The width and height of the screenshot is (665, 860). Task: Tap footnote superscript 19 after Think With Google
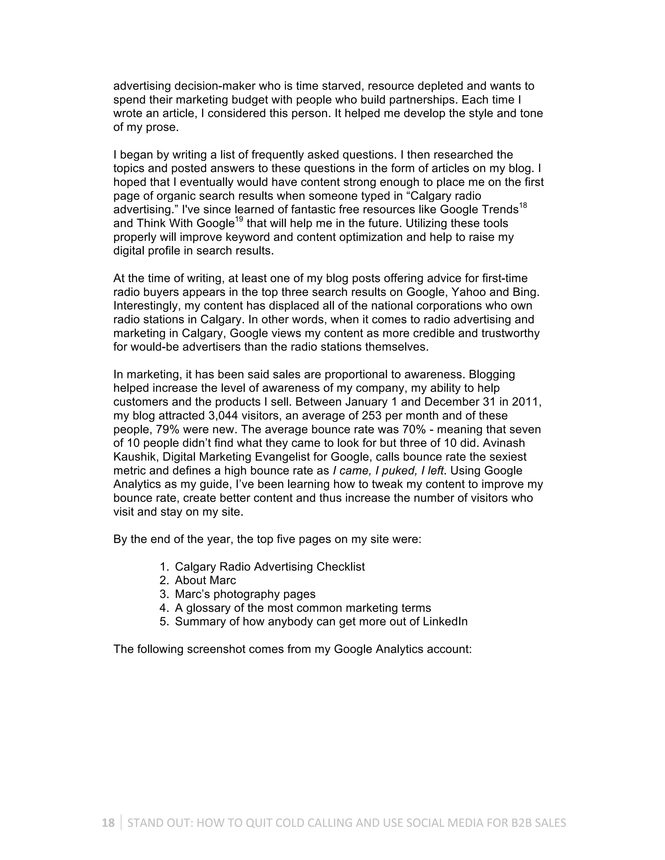click(239, 220)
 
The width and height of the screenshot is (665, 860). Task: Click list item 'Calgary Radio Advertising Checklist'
click(270, 566)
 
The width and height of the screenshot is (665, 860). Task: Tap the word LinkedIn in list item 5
click(445, 621)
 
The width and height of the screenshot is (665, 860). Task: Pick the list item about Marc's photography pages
click(245, 594)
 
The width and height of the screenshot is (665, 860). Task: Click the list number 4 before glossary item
click(164, 608)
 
